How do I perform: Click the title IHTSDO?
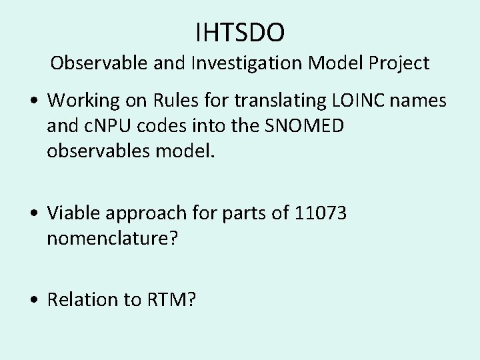tap(240, 31)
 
